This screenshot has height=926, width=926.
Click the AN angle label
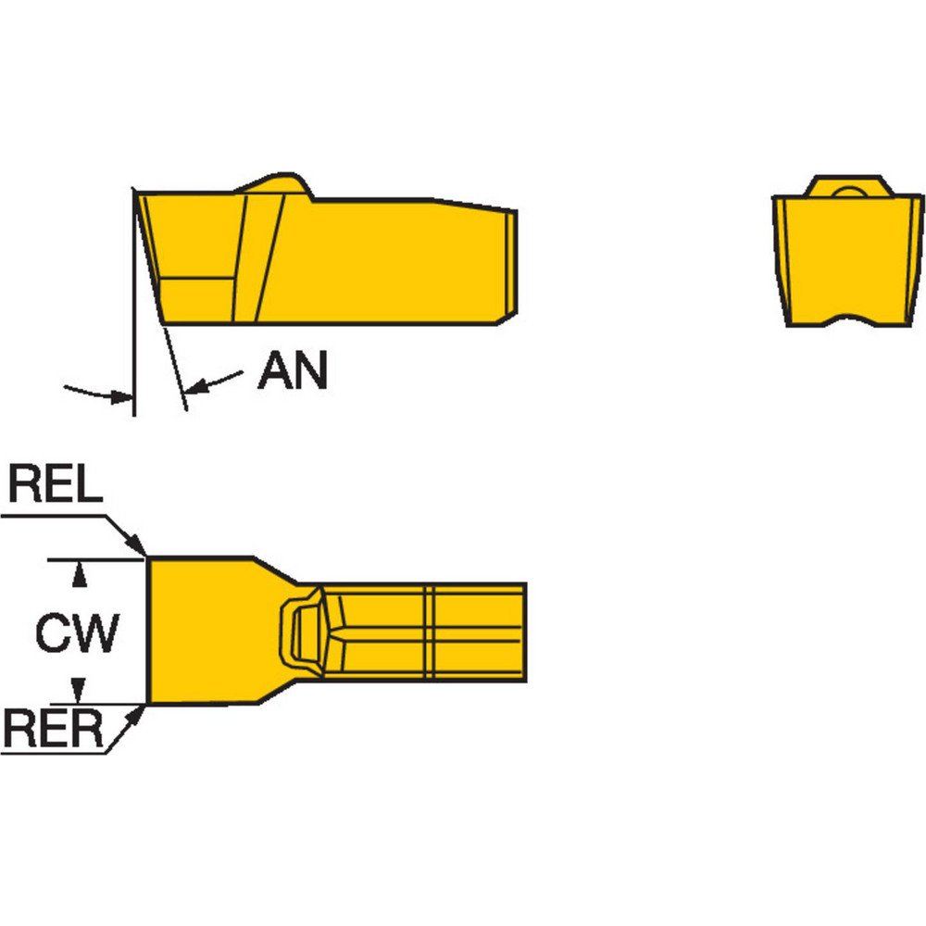(x=293, y=372)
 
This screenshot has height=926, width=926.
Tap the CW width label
(x=78, y=633)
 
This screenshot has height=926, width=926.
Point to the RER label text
(x=54, y=729)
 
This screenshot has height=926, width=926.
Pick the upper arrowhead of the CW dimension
(x=80, y=576)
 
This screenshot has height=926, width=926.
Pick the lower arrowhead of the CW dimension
(x=80, y=689)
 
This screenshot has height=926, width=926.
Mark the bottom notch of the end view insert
(x=850, y=321)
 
